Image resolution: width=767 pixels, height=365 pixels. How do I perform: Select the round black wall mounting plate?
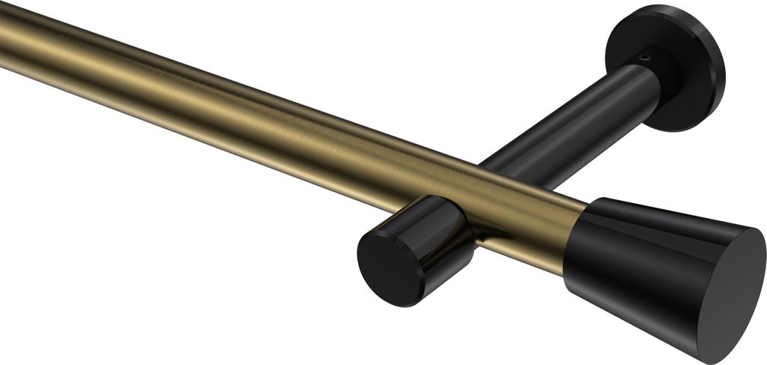pyautogui.click(x=667, y=67)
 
